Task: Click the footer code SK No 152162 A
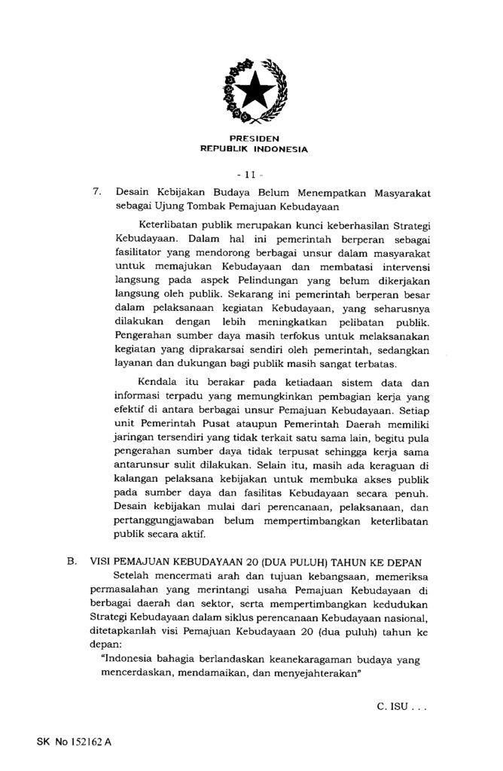point(73,742)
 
